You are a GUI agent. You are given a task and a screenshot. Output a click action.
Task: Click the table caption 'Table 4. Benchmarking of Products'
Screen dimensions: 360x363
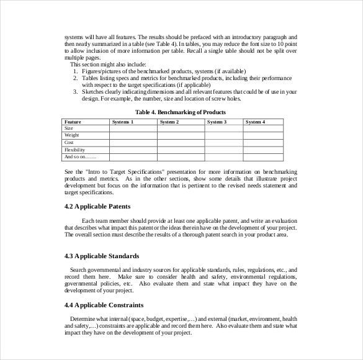tap(180, 112)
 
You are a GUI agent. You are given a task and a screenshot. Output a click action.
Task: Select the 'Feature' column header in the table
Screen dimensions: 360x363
tap(73, 122)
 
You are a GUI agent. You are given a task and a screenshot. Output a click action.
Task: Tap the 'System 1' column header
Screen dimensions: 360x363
tap(122, 122)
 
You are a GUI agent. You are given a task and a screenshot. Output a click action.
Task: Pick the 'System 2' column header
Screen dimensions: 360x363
tap(169, 122)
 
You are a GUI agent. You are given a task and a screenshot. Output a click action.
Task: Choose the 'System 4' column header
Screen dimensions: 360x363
tap(255, 122)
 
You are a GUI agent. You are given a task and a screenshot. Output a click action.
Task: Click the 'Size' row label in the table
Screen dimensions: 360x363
tap(69, 128)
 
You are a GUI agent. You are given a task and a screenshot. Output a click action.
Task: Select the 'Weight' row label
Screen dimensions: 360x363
tap(71, 135)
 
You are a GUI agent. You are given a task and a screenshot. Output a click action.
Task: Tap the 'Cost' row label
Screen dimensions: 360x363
tap(69, 143)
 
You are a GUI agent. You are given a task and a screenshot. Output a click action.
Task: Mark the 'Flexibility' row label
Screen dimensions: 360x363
tap(74, 150)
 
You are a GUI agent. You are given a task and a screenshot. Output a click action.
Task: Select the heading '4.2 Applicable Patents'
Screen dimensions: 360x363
tap(97, 206)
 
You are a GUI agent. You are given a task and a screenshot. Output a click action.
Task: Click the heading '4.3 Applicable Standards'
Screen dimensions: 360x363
tap(102, 256)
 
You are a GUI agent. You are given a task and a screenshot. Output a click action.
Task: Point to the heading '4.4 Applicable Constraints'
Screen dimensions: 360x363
tap(104, 305)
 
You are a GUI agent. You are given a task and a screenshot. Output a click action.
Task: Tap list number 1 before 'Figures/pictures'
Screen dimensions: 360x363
tap(75, 71)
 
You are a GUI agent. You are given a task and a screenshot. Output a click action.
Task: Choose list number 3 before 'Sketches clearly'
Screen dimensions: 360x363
tap(75, 92)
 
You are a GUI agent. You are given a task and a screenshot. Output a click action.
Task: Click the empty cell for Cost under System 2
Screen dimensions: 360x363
tap(181, 143)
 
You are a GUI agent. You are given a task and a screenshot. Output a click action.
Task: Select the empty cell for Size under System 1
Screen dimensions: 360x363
tap(133, 128)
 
